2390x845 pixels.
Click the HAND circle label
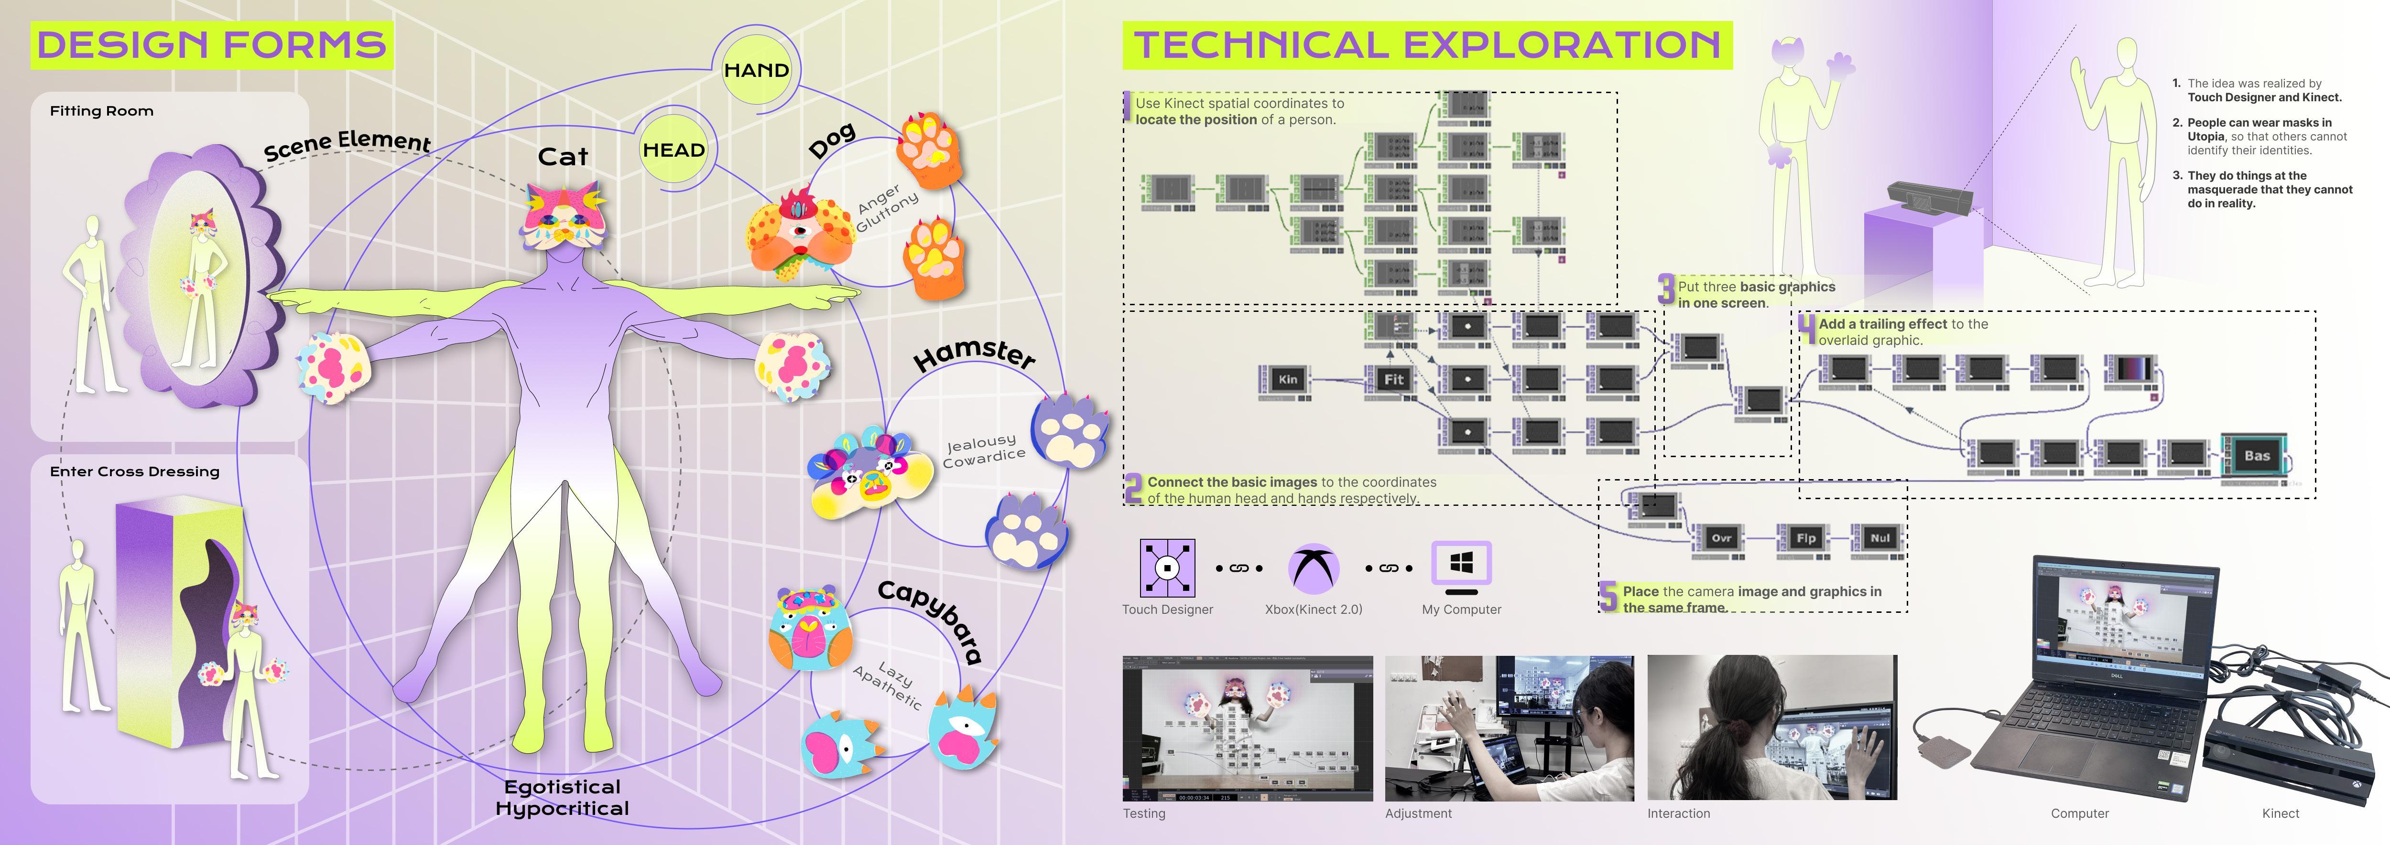(756, 71)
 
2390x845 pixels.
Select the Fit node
(1392, 379)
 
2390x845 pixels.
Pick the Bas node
(2256, 455)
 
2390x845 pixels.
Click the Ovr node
(1721, 538)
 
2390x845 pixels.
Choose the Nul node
(1879, 538)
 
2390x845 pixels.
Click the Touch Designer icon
(1167, 567)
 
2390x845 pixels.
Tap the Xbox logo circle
(1314, 567)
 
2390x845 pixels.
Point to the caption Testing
(1144, 813)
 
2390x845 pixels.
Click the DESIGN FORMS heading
(212, 45)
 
